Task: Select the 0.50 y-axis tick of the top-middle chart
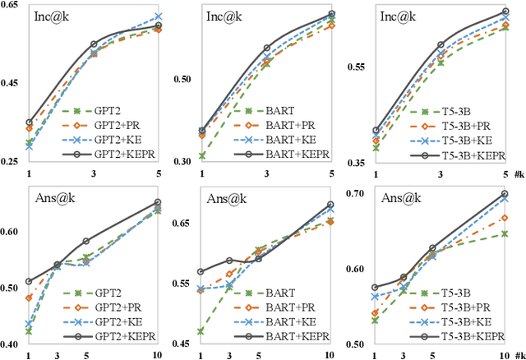pyautogui.click(x=182, y=80)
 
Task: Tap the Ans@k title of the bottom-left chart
pyautogui.click(x=48, y=197)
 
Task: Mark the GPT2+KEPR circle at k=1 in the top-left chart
pyautogui.click(x=30, y=122)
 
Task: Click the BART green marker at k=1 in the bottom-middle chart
pyautogui.click(x=201, y=331)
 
